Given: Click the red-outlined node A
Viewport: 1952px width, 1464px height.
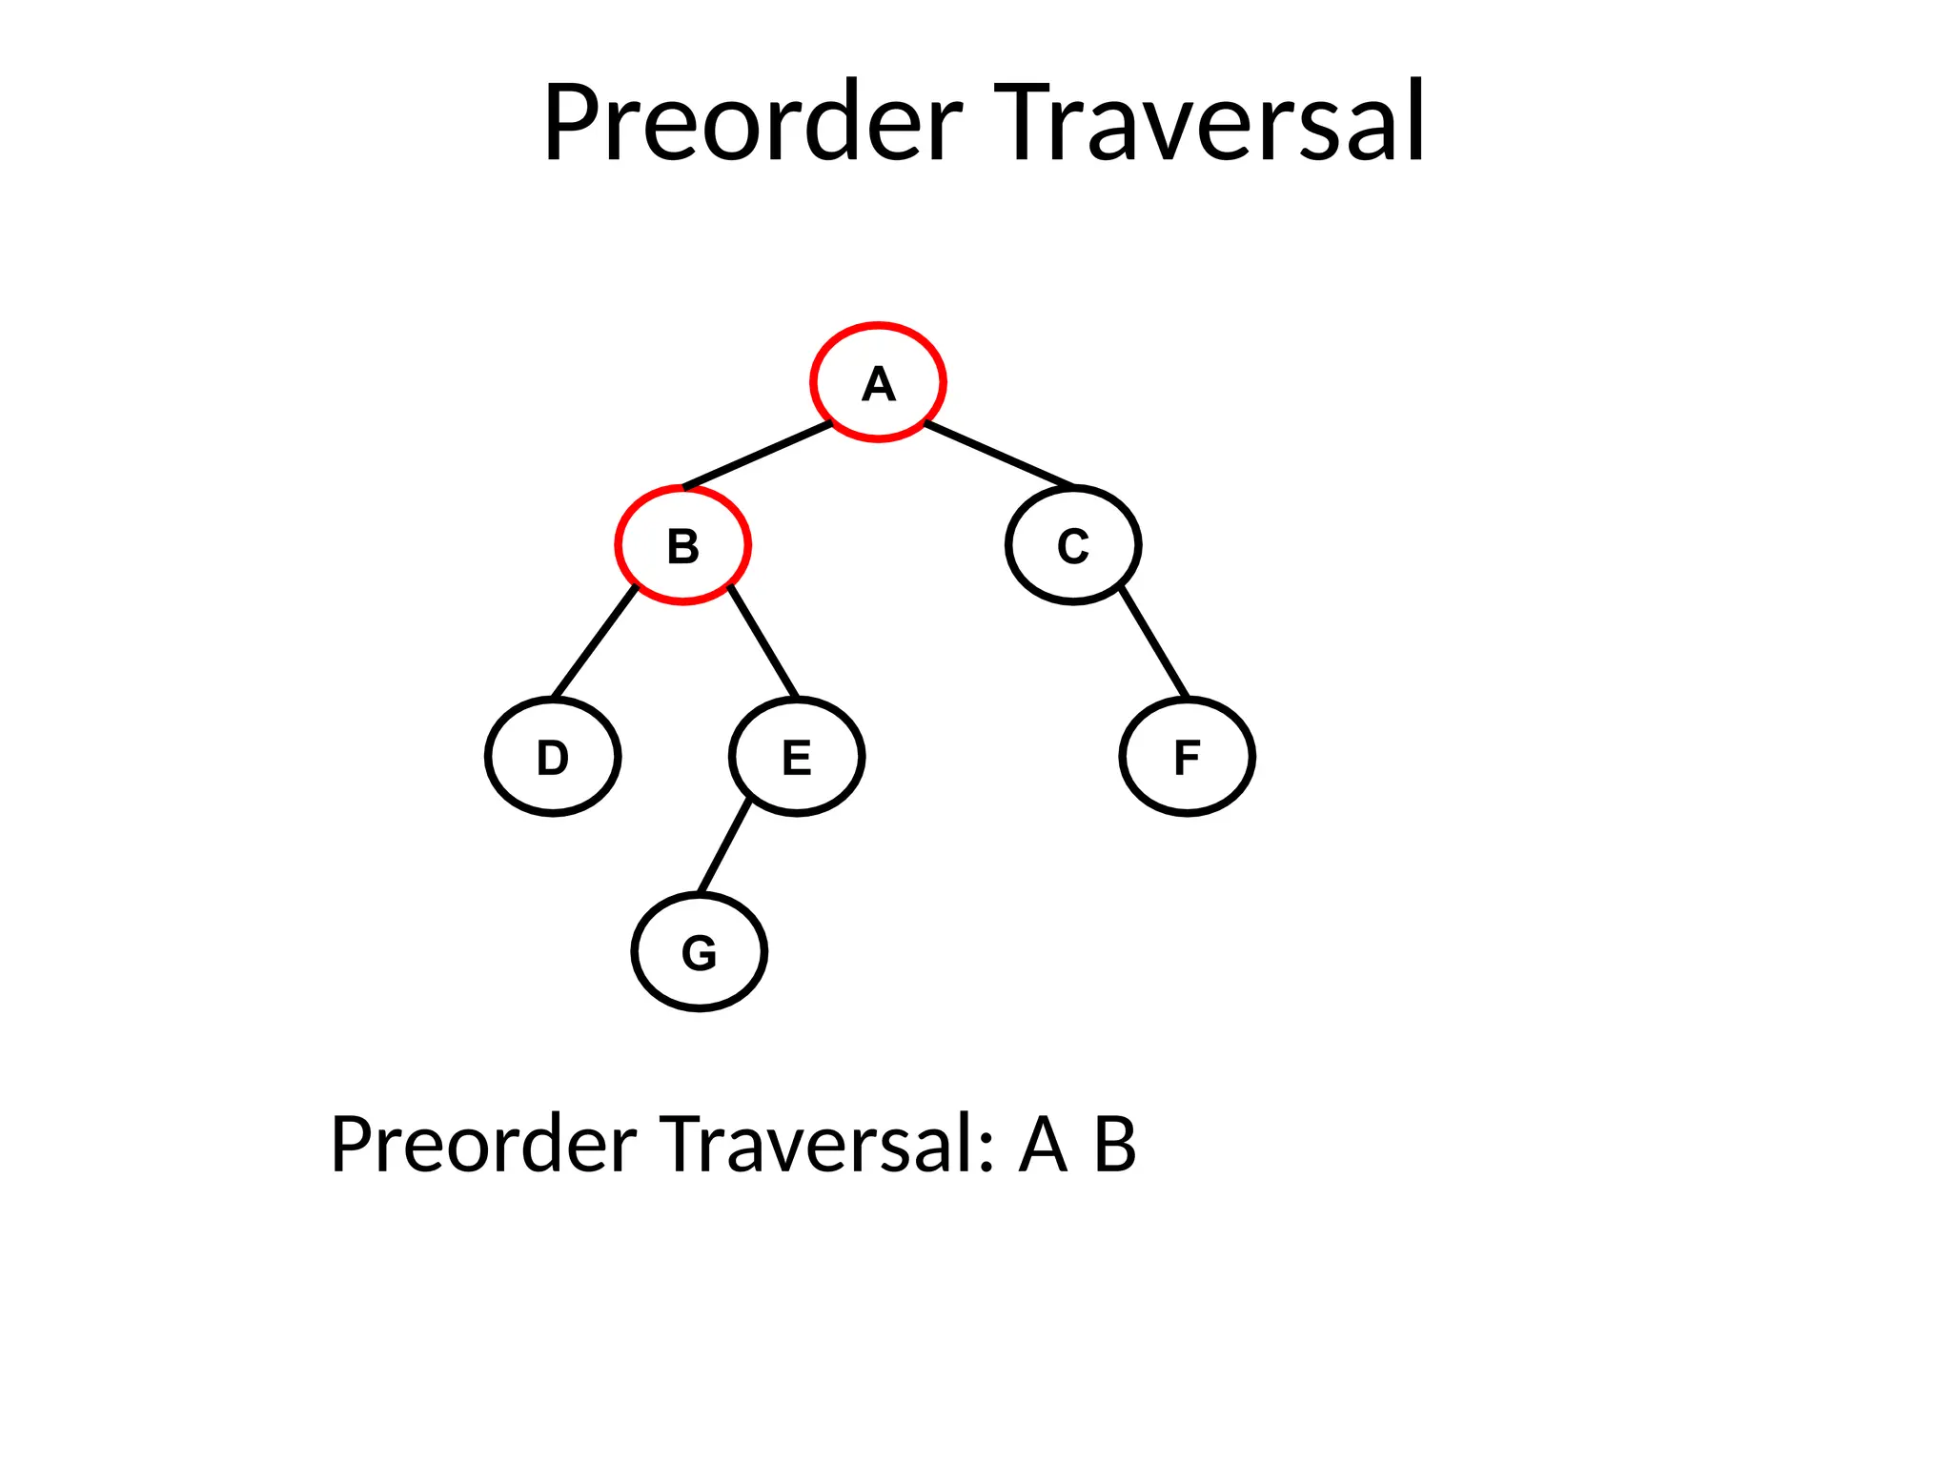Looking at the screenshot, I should tap(878, 381).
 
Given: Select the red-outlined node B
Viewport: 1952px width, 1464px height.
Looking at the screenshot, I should tap(682, 545).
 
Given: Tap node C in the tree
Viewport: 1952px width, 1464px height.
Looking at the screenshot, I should tap(1073, 545).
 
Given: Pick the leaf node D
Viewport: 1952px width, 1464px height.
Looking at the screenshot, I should tap(553, 757).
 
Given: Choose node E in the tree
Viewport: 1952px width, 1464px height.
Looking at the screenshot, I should tap(797, 757).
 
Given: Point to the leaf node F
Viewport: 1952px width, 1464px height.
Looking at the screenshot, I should tap(1187, 757).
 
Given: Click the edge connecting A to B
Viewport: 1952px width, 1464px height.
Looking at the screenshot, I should tap(758, 455).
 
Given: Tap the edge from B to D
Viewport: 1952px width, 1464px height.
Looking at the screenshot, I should tap(595, 641).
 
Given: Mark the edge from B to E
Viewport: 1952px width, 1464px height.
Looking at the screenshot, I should tap(763, 641).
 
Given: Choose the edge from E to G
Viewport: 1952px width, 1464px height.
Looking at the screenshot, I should tap(724, 847).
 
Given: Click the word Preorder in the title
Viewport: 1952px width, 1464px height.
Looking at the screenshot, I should tap(753, 124).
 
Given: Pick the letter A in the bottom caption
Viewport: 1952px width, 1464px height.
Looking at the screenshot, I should tap(1043, 1144).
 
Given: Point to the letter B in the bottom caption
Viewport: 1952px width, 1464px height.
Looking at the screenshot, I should tap(1114, 1144).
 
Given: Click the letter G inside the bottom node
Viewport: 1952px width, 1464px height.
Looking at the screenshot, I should tap(699, 953).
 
